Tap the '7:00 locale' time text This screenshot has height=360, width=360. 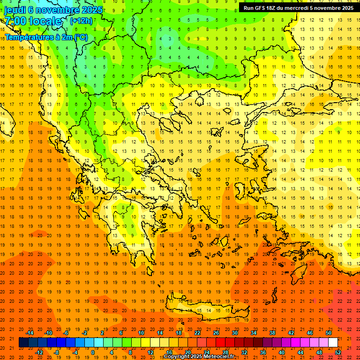click(33, 21)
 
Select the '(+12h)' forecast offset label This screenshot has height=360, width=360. click(81, 21)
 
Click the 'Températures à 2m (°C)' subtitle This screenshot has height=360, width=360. click(46, 37)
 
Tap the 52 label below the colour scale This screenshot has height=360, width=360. click(338, 352)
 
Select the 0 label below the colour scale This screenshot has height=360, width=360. click(92, 352)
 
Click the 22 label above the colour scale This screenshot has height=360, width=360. click(197, 333)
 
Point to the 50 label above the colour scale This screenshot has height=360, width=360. click(329, 333)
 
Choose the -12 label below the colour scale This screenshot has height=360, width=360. click(39, 352)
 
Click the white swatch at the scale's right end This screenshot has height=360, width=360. click(333, 343)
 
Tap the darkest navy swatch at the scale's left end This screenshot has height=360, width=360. click(23, 343)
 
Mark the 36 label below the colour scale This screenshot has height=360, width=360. click(263, 352)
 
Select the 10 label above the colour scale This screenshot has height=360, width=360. click(141, 333)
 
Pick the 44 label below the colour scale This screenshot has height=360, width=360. click(300, 352)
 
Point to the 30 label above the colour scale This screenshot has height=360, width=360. click(235, 333)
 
